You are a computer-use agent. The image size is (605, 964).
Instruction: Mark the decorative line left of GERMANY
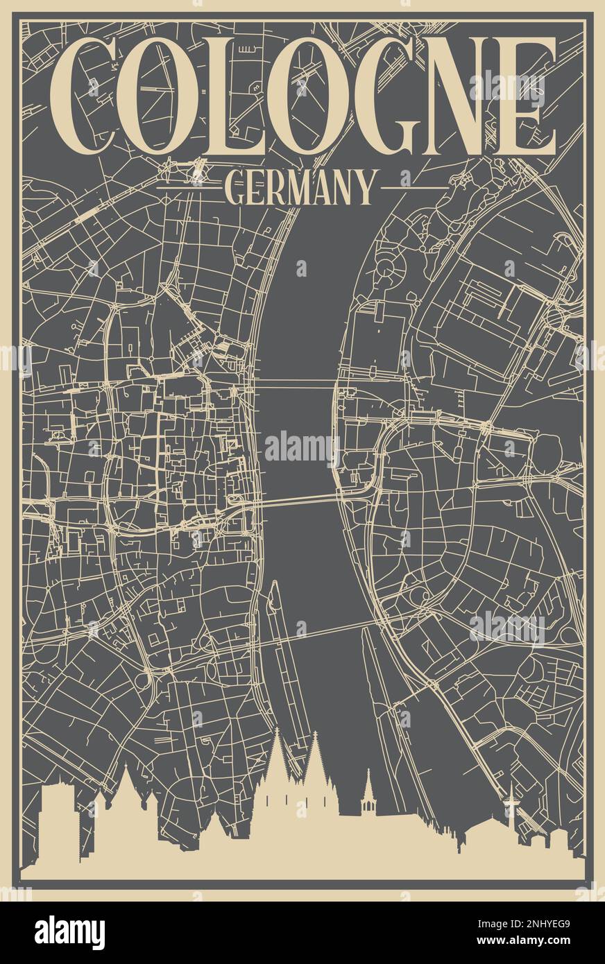click(189, 188)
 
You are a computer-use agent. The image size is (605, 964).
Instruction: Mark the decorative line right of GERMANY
click(415, 188)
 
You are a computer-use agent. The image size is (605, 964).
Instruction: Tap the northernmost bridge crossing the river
click(295, 384)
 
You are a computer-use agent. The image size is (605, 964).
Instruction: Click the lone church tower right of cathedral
click(368, 798)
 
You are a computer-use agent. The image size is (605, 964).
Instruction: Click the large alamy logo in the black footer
click(69, 932)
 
